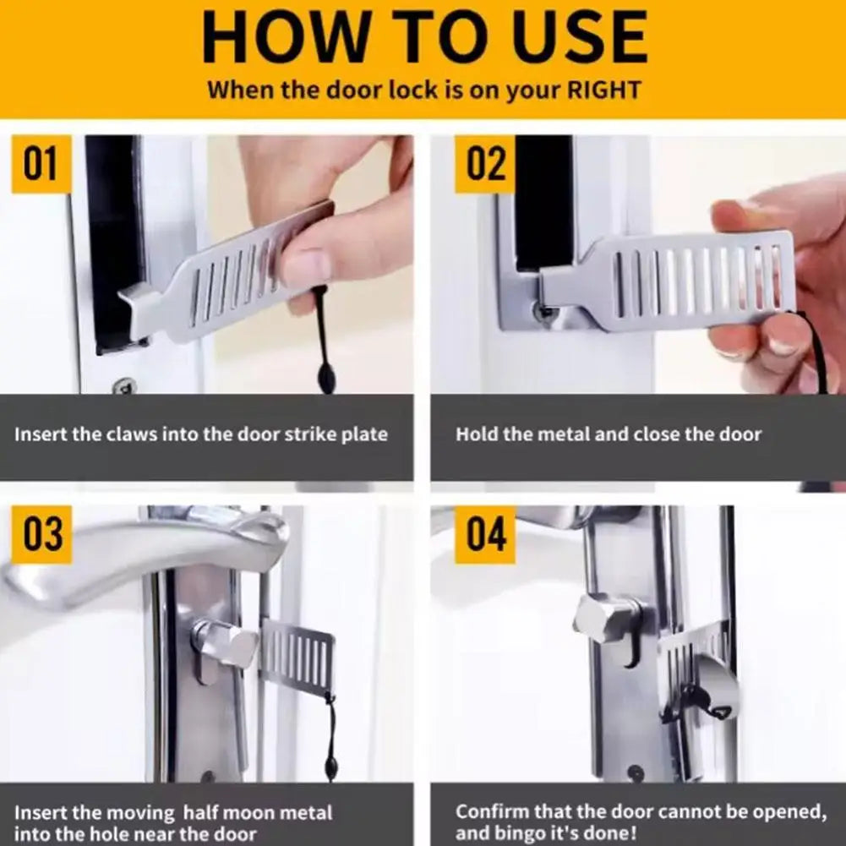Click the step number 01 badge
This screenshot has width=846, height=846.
[x=41, y=164]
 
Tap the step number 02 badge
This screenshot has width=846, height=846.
[x=486, y=164]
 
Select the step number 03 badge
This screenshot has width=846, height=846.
[x=41, y=535]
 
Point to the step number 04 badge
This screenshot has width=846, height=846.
[x=485, y=535]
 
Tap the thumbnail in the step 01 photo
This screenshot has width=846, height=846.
[x=300, y=267]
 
